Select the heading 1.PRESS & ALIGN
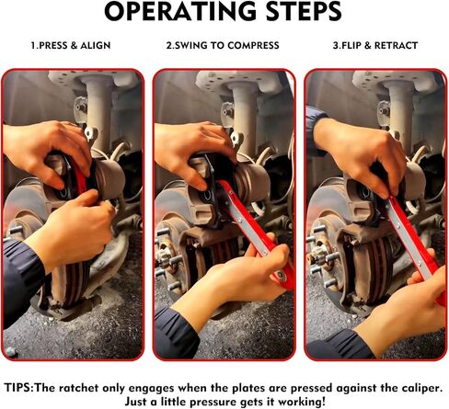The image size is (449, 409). pyautogui.click(x=72, y=45)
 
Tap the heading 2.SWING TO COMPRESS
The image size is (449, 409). pyautogui.click(x=224, y=45)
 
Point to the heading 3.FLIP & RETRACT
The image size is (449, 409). pyautogui.click(x=374, y=45)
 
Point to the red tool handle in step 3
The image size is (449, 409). pyautogui.click(x=412, y=239)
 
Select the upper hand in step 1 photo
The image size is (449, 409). pyautogui.click(x=46, y=147)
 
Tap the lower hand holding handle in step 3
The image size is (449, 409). pyautogui.click(x=405, y=303)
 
